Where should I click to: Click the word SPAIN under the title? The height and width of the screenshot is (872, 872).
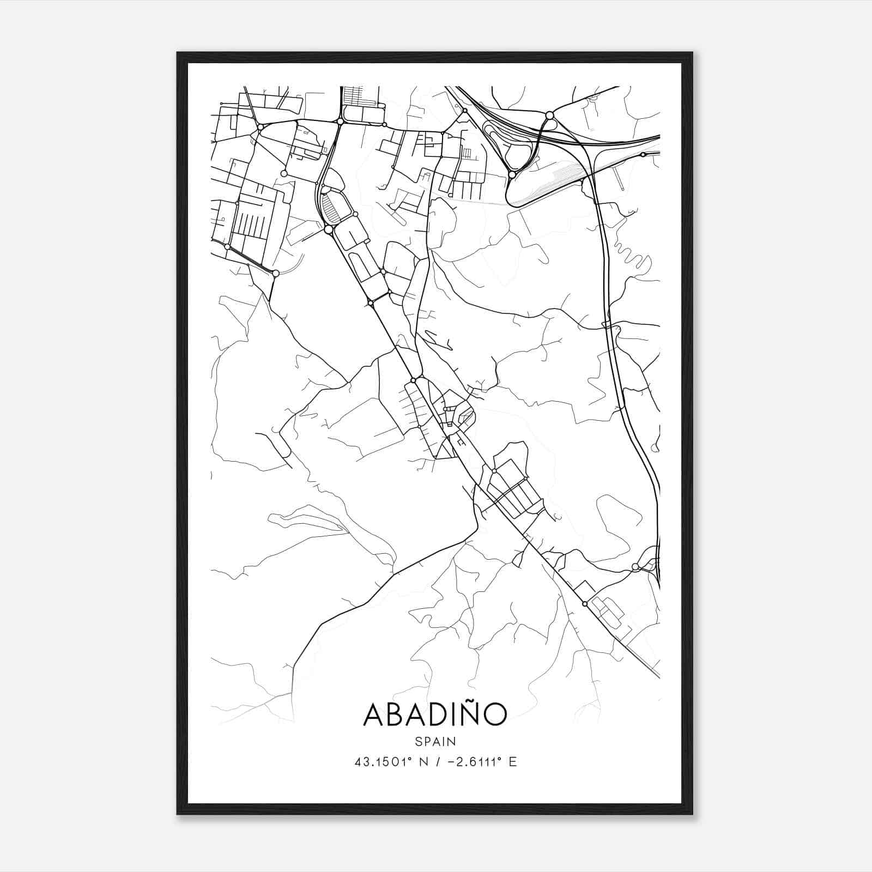(435, 742)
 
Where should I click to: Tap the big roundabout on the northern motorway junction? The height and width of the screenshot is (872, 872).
(549, 116)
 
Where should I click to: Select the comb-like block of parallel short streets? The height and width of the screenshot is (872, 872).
(251, 223)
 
